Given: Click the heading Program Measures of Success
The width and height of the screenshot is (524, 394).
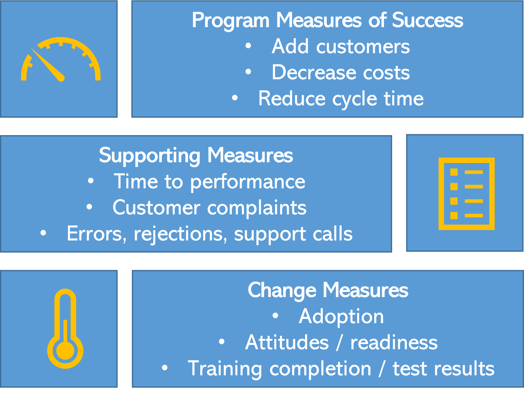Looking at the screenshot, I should pos(327,20).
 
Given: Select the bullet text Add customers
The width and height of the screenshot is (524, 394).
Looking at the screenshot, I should pos(341,47).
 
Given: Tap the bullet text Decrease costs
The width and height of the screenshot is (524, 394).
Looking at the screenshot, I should pos(341,72).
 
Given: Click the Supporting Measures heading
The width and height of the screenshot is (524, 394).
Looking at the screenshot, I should pos(196,155).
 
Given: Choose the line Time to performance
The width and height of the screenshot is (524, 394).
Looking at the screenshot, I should pos(209,181).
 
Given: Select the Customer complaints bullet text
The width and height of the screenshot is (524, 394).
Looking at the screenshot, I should pos(209,208).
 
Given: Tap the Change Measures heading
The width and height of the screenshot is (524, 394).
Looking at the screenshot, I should pos(328,290).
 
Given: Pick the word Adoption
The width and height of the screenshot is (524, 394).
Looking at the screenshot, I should pos(341,316).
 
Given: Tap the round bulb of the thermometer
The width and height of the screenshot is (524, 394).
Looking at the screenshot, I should pos(65,351).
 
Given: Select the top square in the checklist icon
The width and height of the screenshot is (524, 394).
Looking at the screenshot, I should pos(454,172).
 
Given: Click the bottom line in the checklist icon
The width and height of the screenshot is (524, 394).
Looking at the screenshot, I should pos(474,215).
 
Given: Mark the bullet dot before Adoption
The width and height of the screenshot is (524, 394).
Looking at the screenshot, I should pos(275,316).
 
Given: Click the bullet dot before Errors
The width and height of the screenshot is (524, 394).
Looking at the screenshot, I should pos(43,233).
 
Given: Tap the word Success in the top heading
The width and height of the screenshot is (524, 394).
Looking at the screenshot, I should pos(427,20).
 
